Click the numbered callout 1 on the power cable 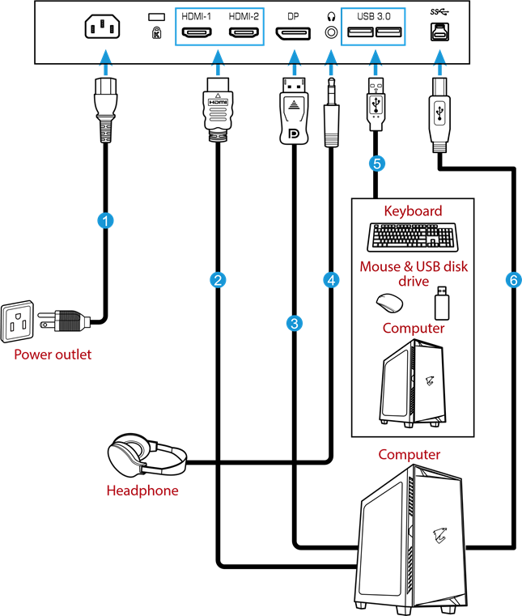(x=104, y=219)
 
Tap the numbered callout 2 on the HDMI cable (x=217, y=280)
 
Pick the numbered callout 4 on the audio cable (x=330, y=280)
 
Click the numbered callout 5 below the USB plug (x=376, y=163)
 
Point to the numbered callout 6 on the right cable (x=512, y=280)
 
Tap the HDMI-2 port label (x=244, y=16)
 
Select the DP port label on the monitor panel (x=293, y=16)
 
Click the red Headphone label (x=142, y=491)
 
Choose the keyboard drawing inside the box (x=413, y=237)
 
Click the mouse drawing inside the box (x=390, y=303)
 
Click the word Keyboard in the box (x=413, y=211)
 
